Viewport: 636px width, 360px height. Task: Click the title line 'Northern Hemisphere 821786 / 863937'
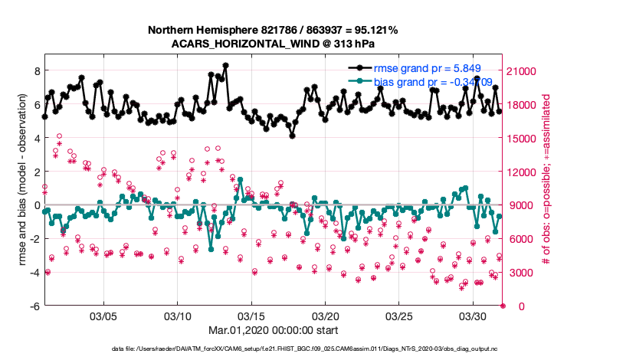[273, 30]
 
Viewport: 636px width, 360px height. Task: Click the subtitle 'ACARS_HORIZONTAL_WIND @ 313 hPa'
[273, 44]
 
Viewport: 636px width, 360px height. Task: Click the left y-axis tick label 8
[35, 70]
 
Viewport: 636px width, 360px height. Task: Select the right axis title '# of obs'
[547, 181]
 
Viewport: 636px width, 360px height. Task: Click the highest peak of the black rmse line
[226, 66]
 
